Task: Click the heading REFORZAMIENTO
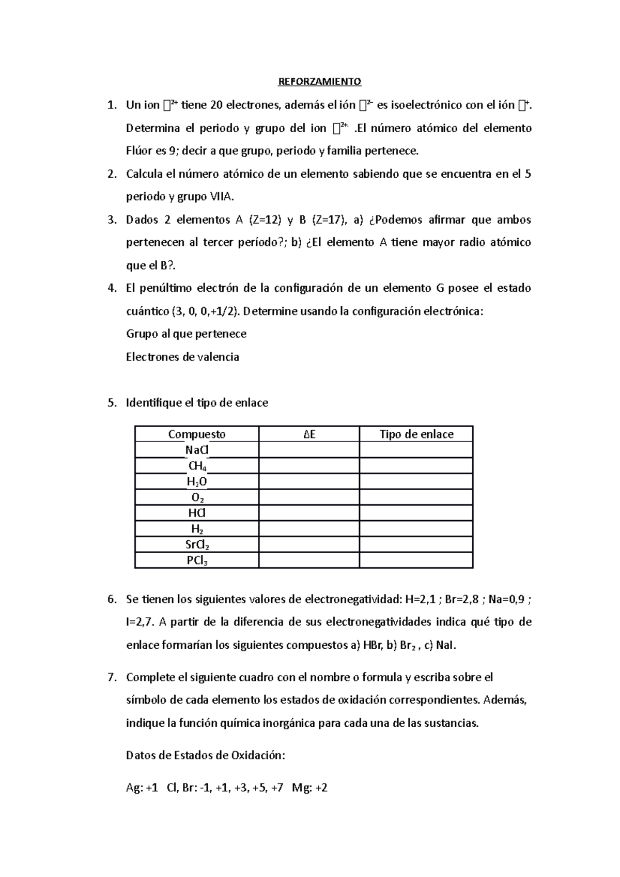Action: [320, 82]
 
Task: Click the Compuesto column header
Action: [196, 434]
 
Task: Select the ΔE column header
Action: [309, 434]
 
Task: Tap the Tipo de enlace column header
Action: [416, 434]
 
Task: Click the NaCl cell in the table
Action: [196, 450]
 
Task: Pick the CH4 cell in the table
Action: [197, 466]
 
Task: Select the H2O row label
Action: [197, 482]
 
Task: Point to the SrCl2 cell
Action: [197, 545]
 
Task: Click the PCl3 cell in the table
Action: [197, 561]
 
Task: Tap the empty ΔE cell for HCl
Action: [309, 513]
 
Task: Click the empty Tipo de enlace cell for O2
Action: [416, 498]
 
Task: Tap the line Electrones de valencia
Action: [182, 357]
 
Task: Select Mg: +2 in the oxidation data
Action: [309, 788]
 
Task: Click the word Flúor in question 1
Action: [139, 151]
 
